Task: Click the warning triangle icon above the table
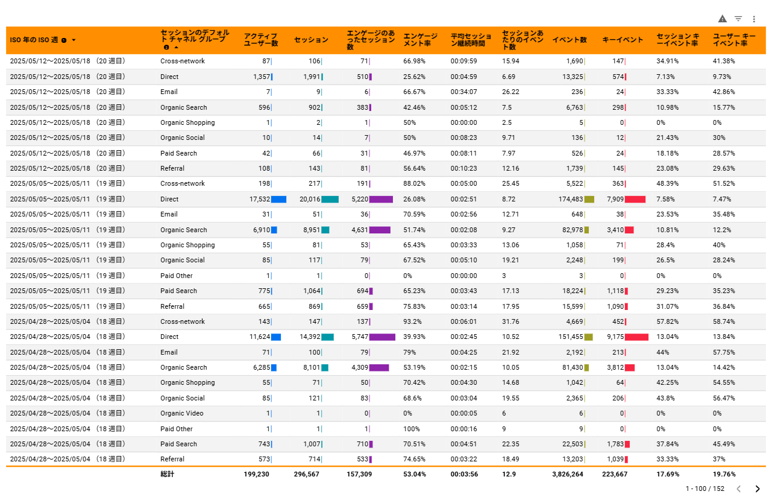(x=723, y=19)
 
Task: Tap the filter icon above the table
(x=738, y=19)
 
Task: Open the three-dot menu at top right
(x=754, y=19)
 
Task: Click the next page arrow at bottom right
(x=758, y=489)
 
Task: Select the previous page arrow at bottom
(x=739, y=489)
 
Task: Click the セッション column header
(x=311, y=40)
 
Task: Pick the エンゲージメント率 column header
(x=420, y=40)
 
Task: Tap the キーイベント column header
(x=623, y=40)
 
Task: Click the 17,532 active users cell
(x=257, y=199)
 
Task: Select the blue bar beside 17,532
(x=278, y=199)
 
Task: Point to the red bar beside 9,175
(x=636, y=337)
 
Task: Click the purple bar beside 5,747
(x=382, y=337)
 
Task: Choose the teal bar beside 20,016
(x=330, y=199)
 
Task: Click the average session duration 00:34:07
(x=463, y=92)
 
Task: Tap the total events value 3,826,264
(x=567, y=475)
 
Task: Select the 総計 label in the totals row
(x=167, y=475)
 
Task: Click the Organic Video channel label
(x=182, y=414)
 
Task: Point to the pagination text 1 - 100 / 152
(x=704, y=489)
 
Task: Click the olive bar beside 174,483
(x=589, y=199)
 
